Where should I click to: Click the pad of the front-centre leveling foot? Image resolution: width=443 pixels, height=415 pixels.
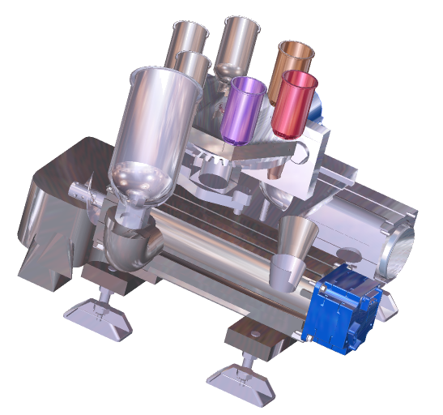pos(240,382)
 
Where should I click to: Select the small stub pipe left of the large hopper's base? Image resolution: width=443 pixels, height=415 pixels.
pos(81,195)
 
